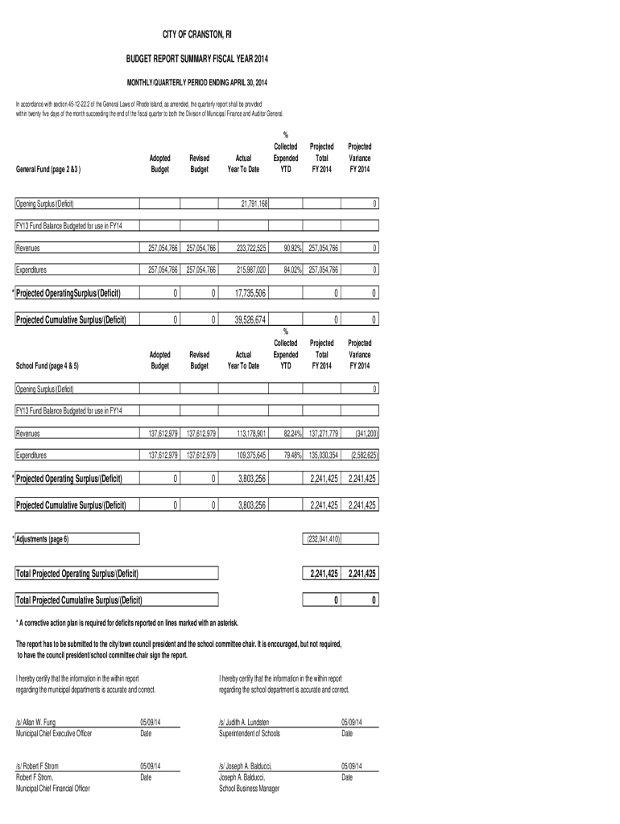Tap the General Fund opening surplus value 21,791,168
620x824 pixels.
tap(254, 205)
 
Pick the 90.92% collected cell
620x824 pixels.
tap(287, 249)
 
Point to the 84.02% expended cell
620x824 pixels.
tap(287, 270)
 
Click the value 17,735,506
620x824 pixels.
tap(250, 294)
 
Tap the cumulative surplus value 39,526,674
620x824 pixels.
tap(250, 319)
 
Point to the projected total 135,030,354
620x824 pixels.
tap(322, 455)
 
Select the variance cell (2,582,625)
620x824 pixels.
tap(361, 455)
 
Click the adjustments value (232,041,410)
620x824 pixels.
tap(322, 538)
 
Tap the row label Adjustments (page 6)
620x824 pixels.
tap(43, 538)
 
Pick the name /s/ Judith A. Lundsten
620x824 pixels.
tap(244, 723)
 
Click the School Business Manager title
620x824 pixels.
tap(249, 789)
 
